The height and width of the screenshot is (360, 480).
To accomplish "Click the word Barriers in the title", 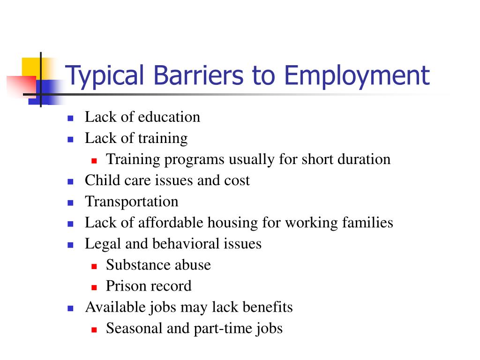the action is point(198,75).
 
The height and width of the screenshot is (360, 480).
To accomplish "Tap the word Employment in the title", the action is point(357,77).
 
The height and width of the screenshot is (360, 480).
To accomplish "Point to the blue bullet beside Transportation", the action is point(70,202).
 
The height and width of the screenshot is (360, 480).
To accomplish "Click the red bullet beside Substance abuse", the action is point(94,266).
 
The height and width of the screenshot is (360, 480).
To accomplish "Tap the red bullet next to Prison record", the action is point(94,287).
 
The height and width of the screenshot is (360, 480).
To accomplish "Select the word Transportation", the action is point(132,202).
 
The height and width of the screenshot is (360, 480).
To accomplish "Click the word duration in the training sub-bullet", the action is point(364,159).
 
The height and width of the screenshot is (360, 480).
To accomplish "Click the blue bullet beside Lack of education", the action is point(70,118).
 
